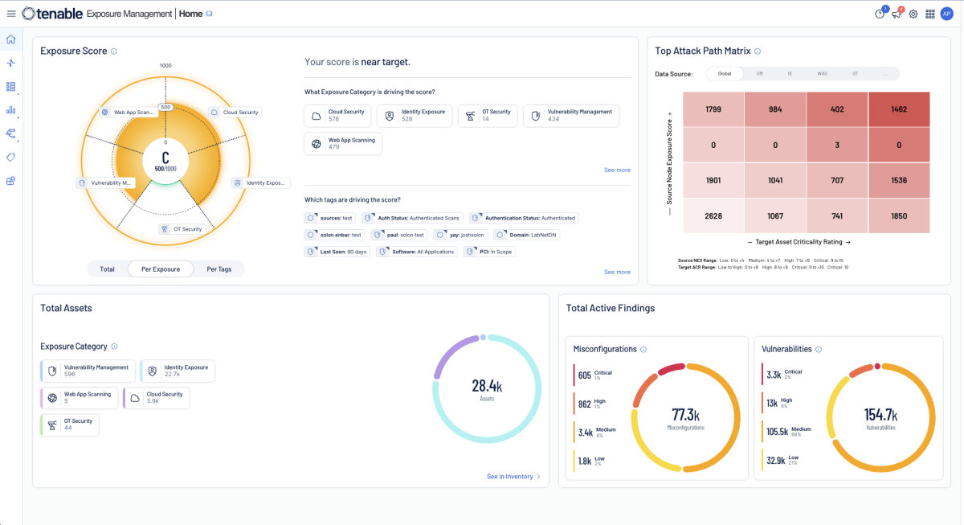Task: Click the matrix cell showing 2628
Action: [713, 216]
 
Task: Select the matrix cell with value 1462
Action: [898, 109]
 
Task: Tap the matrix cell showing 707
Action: [837, 181]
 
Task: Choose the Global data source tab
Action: [725, 73]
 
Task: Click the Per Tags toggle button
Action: [219, 269]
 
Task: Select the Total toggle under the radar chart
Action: [107, 269]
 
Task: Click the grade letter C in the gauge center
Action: [165, 158]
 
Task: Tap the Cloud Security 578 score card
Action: [337, 116]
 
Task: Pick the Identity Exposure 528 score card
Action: [415, 116]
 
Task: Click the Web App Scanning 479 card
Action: [344, 144]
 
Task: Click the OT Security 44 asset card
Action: [70, 425]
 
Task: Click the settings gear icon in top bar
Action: [913, 14]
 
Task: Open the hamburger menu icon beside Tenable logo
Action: [11, 14]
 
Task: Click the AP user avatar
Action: [946, 14]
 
